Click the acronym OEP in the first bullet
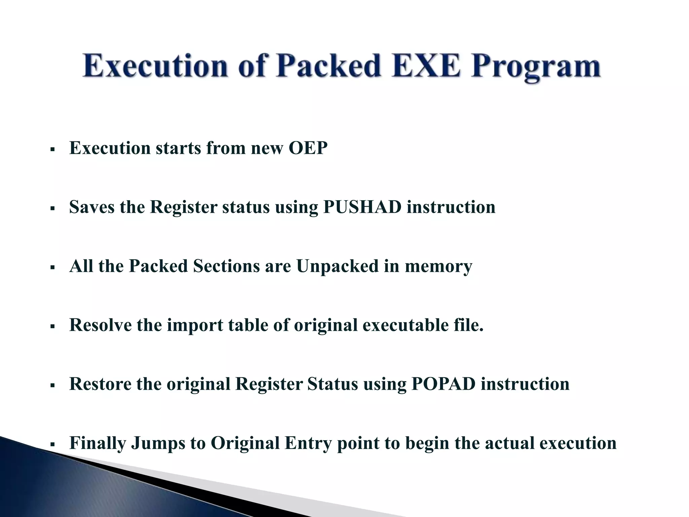(x=308, y=148)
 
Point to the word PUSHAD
(x=362, y=207)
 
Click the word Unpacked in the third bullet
(x=337, y=266)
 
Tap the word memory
(x=438, y=267)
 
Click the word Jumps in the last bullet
(x=158, y=443)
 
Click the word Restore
(x=100, y=384)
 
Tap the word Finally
(x=98, y=443)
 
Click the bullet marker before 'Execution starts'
(x=52, y=149)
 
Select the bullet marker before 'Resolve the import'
(x=52, y=326)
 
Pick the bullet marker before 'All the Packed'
(x=52, y=267)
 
